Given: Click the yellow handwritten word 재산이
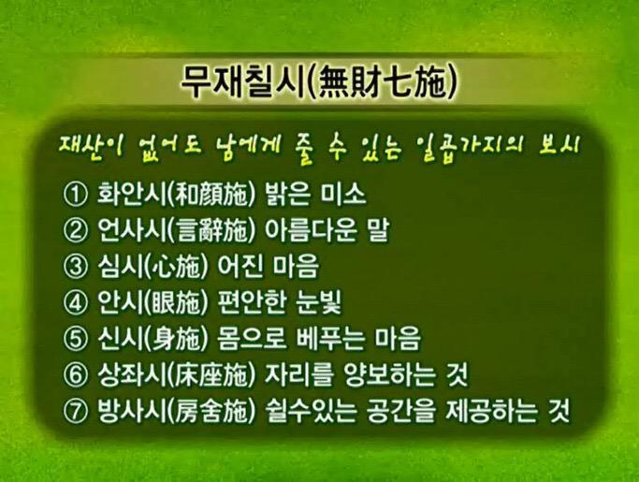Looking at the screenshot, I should pyautogui.click(x=90, y=147).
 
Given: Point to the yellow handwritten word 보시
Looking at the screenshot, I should pyautogui.click(x=559, y=147).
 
